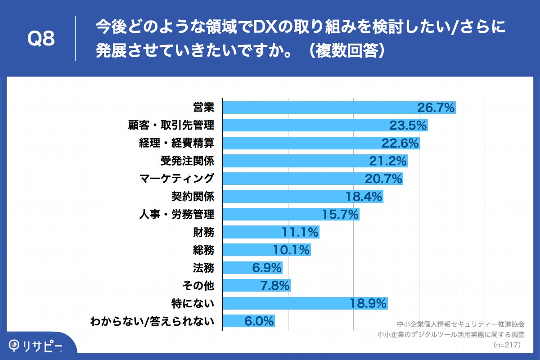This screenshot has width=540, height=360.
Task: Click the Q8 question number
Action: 41,39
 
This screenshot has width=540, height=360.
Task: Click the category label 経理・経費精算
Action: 176,143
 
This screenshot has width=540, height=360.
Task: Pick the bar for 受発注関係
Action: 292,161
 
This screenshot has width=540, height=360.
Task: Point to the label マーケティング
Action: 176,179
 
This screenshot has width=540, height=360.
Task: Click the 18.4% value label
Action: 364,197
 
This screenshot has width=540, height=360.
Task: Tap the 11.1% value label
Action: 300,232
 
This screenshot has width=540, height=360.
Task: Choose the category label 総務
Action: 203,250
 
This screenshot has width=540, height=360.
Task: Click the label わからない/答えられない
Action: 152,321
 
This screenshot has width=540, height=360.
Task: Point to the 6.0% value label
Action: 259,321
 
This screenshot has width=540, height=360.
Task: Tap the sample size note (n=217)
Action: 507,345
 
